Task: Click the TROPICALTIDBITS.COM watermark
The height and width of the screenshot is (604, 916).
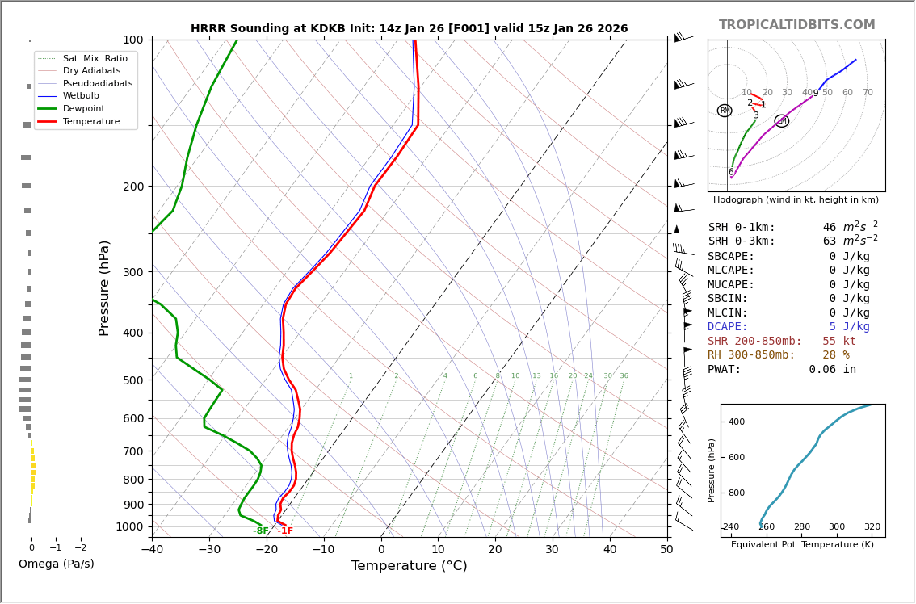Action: tap(796, 25)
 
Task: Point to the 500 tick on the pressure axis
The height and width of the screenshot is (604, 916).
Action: tap(133, 380)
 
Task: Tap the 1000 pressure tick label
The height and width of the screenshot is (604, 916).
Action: tap(130, 526)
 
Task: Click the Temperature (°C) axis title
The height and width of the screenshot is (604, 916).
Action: tap(409, 566)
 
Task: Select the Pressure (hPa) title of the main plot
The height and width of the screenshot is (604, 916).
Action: tap(105, 287)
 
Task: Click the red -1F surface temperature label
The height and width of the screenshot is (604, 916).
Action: tap(285, 531)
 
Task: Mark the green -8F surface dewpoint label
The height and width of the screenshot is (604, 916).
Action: tap(260, 531)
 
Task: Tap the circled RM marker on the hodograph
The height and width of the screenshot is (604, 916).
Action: tap(725, 111)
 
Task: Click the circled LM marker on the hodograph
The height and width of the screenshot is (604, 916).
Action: tap(782, 121)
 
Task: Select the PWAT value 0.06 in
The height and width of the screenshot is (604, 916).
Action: tap(832, 370)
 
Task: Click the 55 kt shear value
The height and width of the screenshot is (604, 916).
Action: tap(839, 342)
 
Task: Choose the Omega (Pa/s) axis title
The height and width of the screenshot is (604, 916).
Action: tap(56, 564)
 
